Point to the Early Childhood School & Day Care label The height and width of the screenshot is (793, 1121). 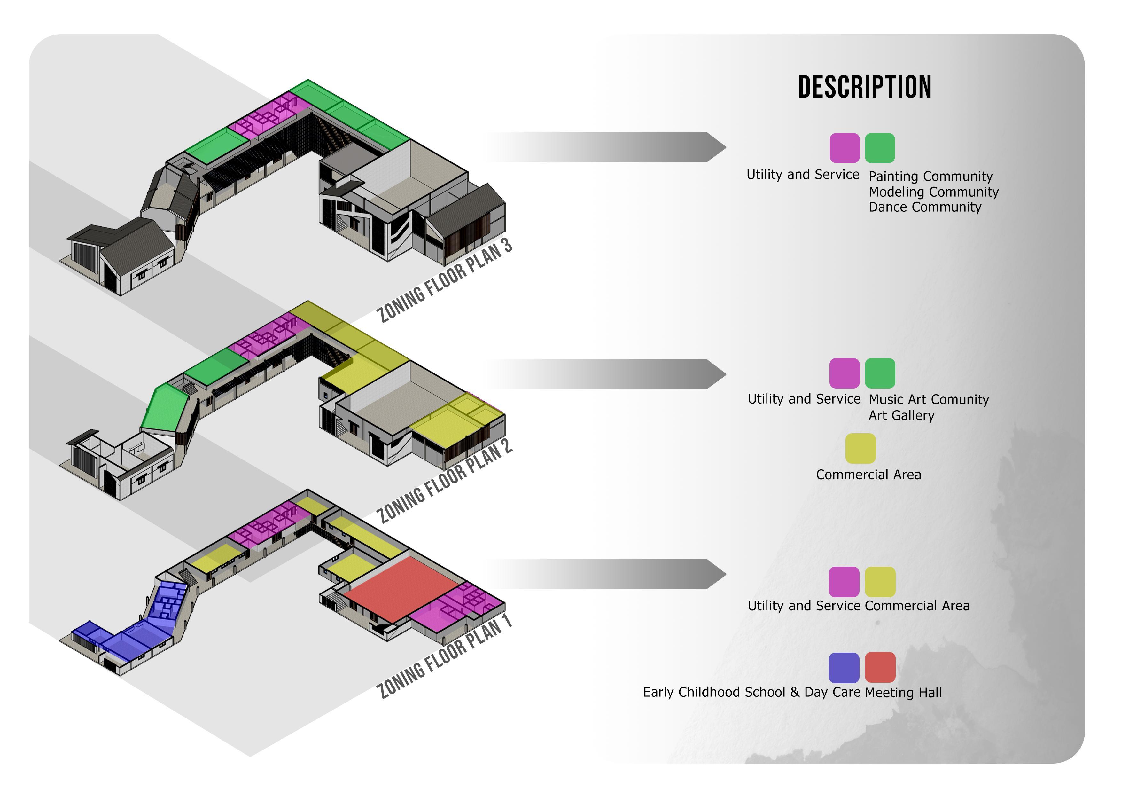pyautogui.click(x=751, y=692)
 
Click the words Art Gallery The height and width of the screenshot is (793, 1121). pyautogui.click(x=901, y=416)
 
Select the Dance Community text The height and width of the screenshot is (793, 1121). pyautogui.click(x=925, y=207)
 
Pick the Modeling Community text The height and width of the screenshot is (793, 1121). pyautogui.click(x=933, y=192)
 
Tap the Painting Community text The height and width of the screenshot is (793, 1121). pyautogui.click(x=930, y=176)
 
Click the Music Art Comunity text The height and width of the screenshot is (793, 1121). pyautogui.click(x=929, y=399)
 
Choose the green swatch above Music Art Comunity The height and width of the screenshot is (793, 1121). pyautogui.click(x=880, y=373)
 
